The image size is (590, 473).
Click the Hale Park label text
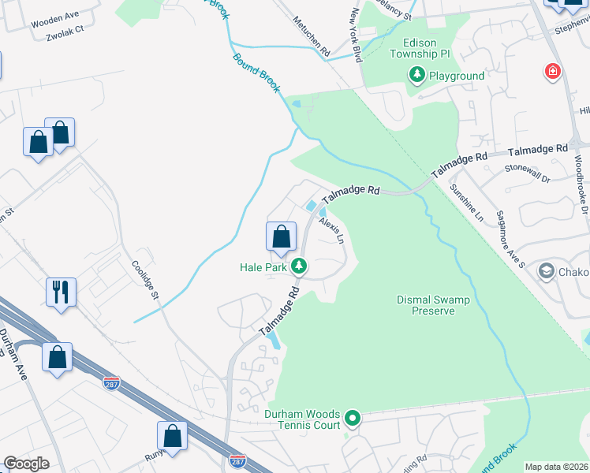pos(263,267)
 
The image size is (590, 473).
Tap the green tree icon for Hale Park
pos(299,266)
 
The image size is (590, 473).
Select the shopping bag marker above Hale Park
pos(281,235)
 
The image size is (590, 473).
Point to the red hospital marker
pos(553,73)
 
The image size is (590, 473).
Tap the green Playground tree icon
pos(416,76)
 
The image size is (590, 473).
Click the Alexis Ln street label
pos(332,229)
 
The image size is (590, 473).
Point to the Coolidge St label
pos(146,279)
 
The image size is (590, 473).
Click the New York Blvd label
pos(355,35)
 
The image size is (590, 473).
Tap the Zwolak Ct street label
pos(65,36)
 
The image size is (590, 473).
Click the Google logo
pos(26,464)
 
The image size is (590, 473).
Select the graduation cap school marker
pos(545,272)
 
